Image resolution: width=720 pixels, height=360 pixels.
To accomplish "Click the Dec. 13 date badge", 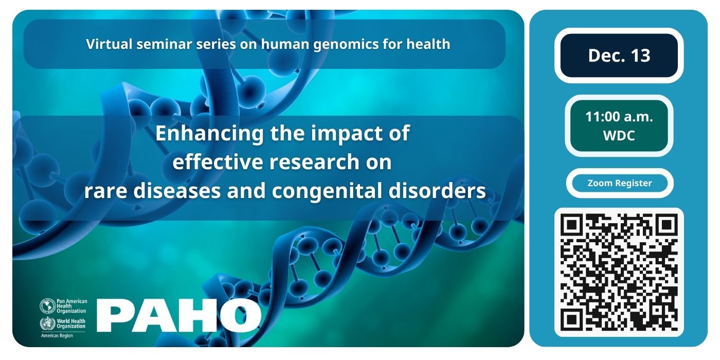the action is (619, 56).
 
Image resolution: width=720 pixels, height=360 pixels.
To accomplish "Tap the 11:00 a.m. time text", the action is (619, 117).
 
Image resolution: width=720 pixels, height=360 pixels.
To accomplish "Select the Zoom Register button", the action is (619, 183).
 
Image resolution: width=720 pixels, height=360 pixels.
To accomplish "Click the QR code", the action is (619, 272).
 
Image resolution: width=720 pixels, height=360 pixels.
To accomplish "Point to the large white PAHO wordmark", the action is (179, 315).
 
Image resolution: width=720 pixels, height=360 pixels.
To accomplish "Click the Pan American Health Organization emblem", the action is (47, 305).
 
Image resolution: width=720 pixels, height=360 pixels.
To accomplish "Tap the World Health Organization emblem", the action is (47, 323).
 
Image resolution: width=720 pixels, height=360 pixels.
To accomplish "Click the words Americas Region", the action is (57, 335).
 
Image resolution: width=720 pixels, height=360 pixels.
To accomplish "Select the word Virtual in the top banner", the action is (109, 44).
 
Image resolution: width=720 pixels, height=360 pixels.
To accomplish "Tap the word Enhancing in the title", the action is (209, 133).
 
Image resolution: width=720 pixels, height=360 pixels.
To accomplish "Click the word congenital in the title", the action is (327, 191).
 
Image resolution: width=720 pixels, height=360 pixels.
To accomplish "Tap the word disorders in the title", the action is (437, 190).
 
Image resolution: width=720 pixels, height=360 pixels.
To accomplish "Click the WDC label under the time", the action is (619, 136).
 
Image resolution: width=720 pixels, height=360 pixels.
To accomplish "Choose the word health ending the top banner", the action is (428, 44).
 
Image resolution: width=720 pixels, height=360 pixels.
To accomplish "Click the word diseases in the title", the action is (176, 190).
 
